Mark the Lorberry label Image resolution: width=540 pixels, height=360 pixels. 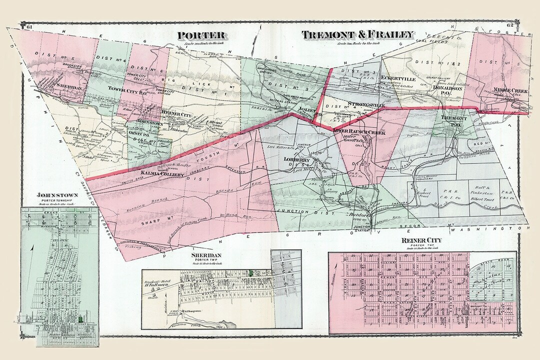(298, 160)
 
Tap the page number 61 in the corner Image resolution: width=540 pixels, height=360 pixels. (29, 26)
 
